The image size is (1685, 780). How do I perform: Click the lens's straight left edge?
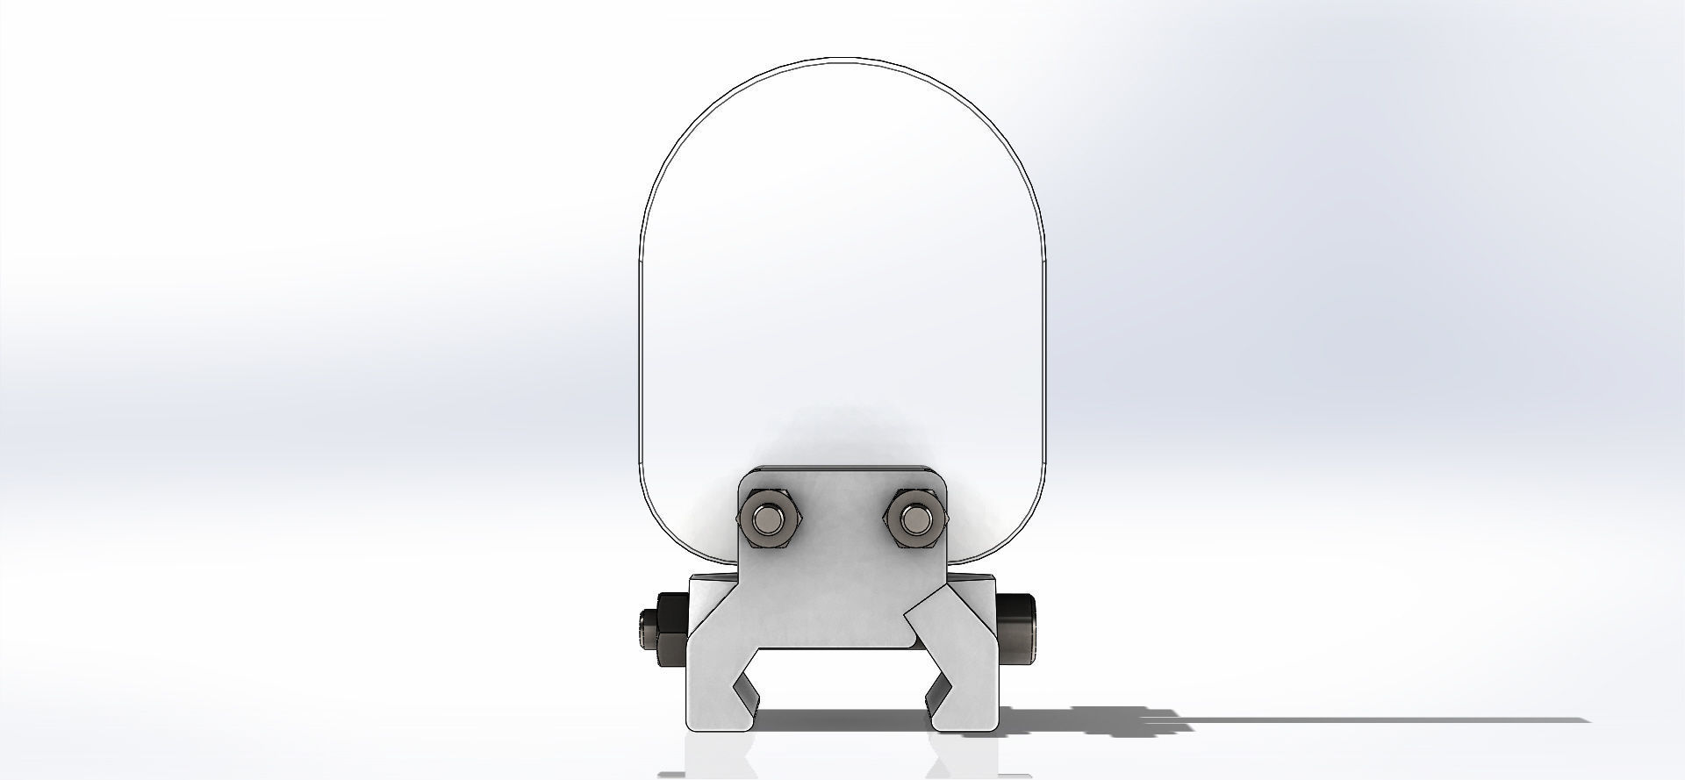(639, 351)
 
